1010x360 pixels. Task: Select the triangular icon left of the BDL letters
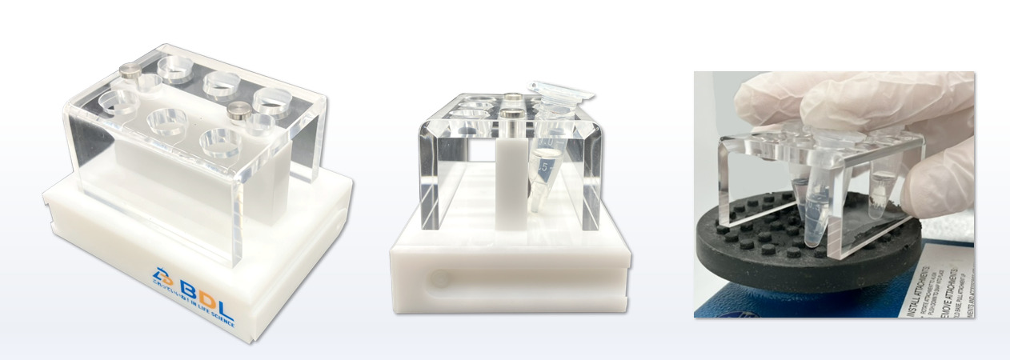[x=159, y=275]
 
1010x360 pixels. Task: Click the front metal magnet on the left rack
[x=236, y=111]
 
